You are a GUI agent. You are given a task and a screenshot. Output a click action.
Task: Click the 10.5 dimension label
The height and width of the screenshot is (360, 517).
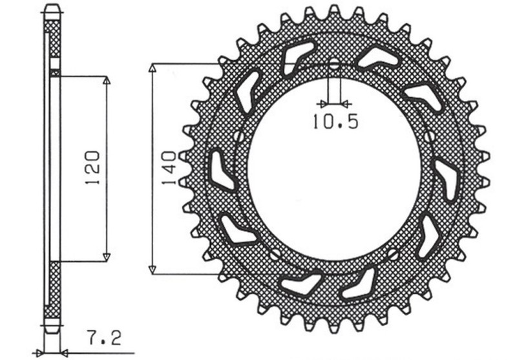point(334,120)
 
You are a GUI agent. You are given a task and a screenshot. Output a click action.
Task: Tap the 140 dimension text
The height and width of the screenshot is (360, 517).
point(169,169)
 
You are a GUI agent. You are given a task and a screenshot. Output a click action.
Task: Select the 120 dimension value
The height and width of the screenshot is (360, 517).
point(92,169)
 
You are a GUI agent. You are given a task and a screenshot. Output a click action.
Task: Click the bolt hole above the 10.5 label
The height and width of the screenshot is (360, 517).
point(333,65)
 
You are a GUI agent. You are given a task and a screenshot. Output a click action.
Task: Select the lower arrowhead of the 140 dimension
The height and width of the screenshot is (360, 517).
point(153,269)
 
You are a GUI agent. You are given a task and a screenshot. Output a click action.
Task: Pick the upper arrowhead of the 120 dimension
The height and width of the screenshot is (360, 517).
point(107,81)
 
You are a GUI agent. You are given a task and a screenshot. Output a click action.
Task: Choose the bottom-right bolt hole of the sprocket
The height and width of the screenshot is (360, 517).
point(394,253)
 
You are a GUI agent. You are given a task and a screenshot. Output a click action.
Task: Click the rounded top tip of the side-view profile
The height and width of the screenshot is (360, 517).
point(54,8)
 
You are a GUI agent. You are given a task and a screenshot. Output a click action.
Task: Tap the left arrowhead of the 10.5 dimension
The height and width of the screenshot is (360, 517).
point(321,103)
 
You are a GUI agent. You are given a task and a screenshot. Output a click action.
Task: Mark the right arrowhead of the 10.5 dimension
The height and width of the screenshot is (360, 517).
point(346,103)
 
